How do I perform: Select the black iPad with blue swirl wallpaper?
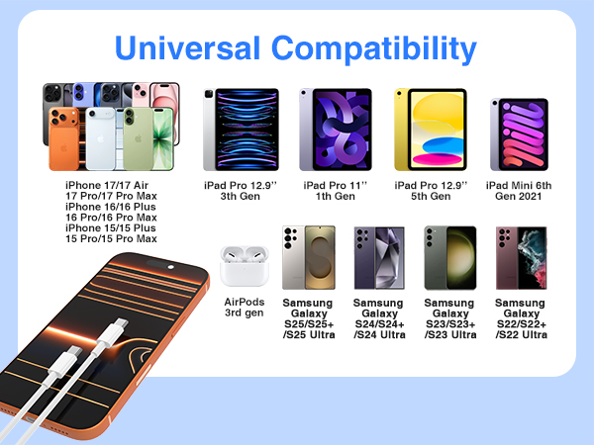coord(241,128)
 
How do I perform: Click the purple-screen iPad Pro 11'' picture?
coord(335,128)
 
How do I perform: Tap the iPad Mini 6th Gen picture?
coord(518,129)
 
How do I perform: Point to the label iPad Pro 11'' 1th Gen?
coord(335,190)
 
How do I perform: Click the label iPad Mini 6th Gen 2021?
coord(519,190)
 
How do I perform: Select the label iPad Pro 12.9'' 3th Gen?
coord(241,190)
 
